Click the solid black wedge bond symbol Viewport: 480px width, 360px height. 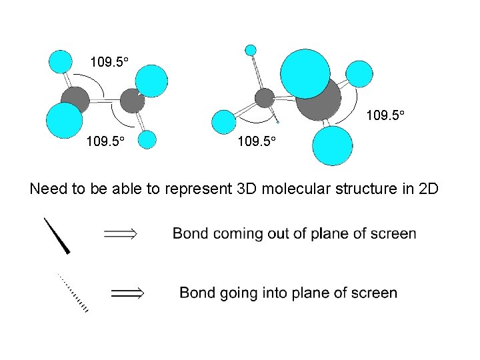pyautogui.click(x=58, y=236)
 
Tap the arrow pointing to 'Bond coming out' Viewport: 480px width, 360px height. pyautogui.click(x=121, y=233)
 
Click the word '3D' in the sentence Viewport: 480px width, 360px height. pyautogui.click(x=249, y=189)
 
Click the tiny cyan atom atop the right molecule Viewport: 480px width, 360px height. pyautogui.click(x=251, y=49)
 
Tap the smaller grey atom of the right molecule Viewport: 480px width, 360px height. pyautogui.click(x=265, y=98)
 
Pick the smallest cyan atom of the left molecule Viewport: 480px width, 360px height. pyautogui.click(x=147, y=139)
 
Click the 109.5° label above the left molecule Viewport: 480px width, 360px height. pyautogui.click(x=109, y=63)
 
